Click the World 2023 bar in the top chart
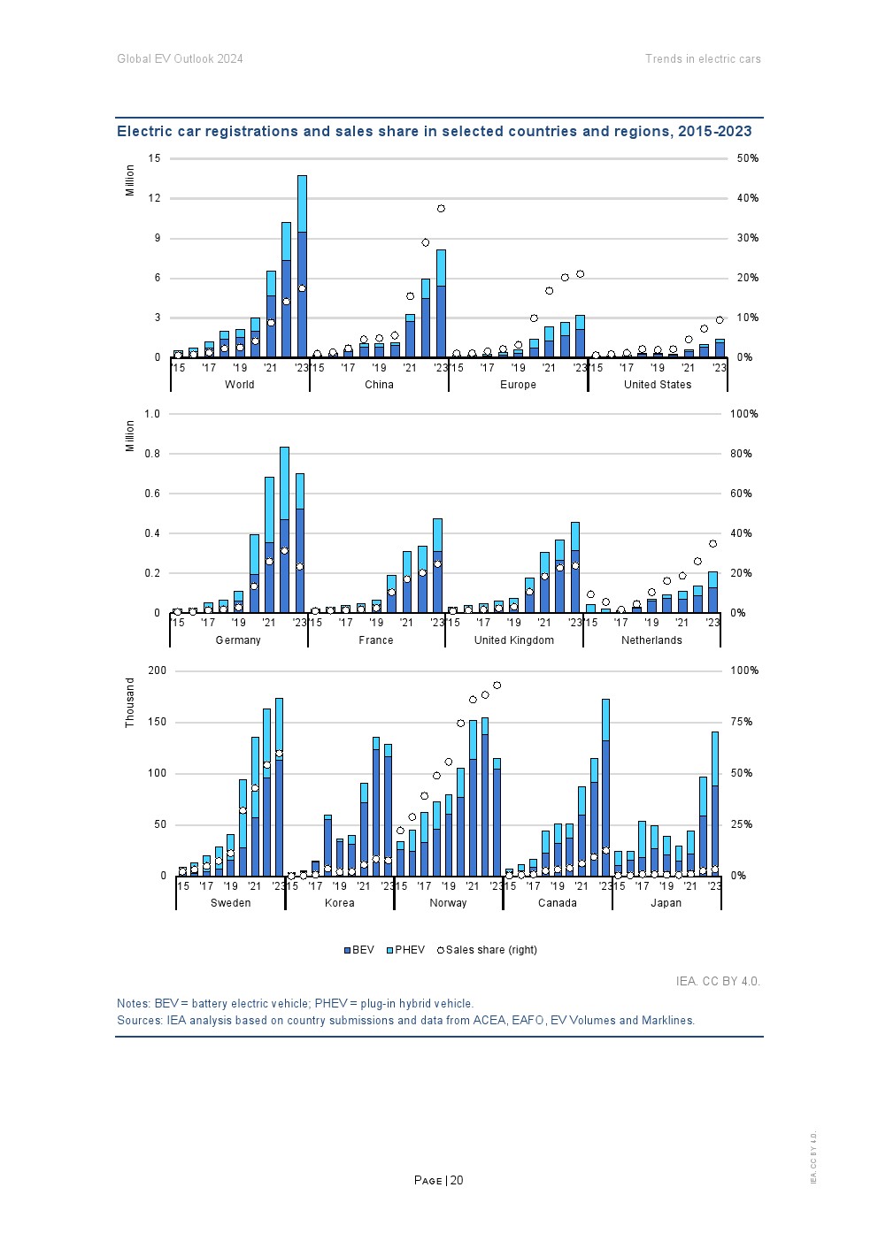click(302, 265)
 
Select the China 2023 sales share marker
click(441, 209)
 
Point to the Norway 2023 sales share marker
click(497, 686)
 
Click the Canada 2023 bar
click(605, 786)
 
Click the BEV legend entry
click(358, 950)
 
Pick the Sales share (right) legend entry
click(486, 950)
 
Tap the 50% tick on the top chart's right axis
click(747, 158)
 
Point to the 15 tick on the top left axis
click(155, 158)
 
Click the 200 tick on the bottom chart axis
click(157, 670)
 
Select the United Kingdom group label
click(513, 640)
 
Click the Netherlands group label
click(651, 640)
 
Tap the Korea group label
click(339, 903)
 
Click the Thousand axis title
click(130, 703)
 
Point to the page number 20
click(457, 1180)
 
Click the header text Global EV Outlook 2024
click(180, 59)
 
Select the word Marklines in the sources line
click(668, 1020)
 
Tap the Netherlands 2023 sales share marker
click(712, 544)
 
